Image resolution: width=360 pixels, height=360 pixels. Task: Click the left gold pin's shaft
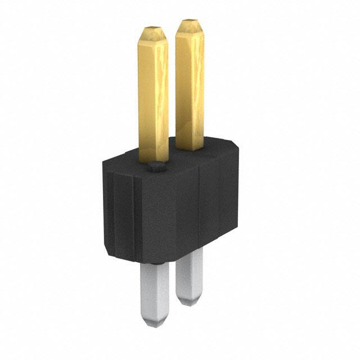(153, 96)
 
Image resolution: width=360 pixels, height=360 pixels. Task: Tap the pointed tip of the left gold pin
(152, 29)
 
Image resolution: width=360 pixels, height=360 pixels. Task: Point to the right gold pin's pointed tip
(188, 22)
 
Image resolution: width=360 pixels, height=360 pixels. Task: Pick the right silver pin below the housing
(189, 276)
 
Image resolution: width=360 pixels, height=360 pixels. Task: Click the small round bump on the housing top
(156, 167)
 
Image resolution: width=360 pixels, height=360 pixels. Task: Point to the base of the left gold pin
(154, 157)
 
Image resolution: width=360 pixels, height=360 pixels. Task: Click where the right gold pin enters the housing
(190, 147)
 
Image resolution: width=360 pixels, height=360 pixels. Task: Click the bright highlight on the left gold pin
(160, 84)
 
